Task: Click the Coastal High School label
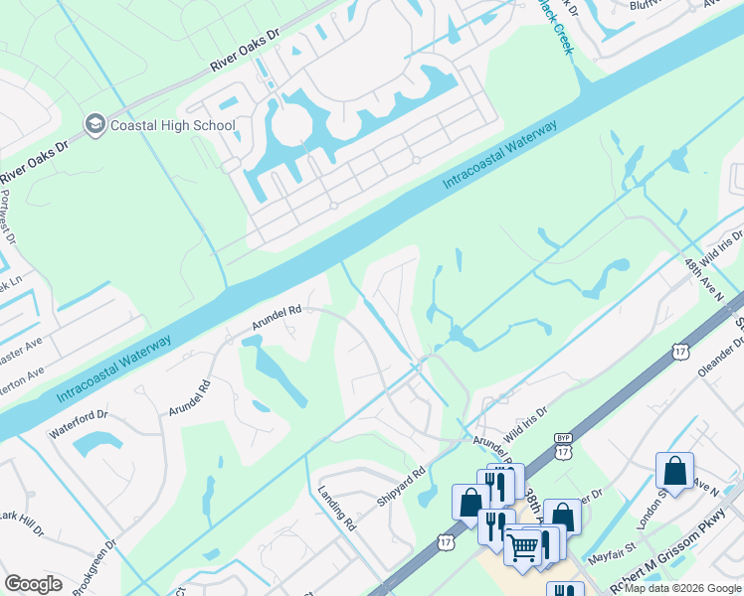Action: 172,126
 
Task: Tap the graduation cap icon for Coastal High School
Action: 95,125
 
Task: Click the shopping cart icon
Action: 523,545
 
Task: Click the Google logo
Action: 33,584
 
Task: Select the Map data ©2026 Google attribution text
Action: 682,588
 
